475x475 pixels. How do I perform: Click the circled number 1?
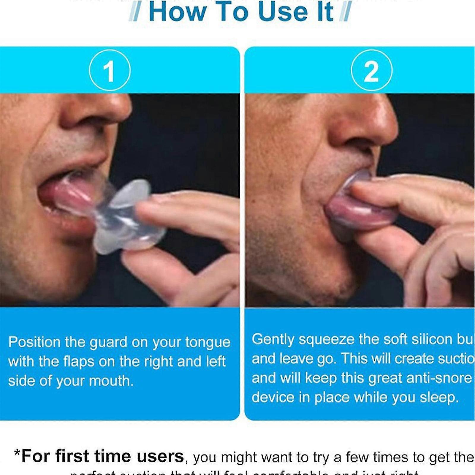click(110, 71)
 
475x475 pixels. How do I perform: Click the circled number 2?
click(371, 71)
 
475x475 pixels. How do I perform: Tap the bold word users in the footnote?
click(160, 456)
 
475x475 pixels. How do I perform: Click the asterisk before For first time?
click(17, 454)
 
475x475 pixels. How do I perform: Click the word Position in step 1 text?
click(34, 342)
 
